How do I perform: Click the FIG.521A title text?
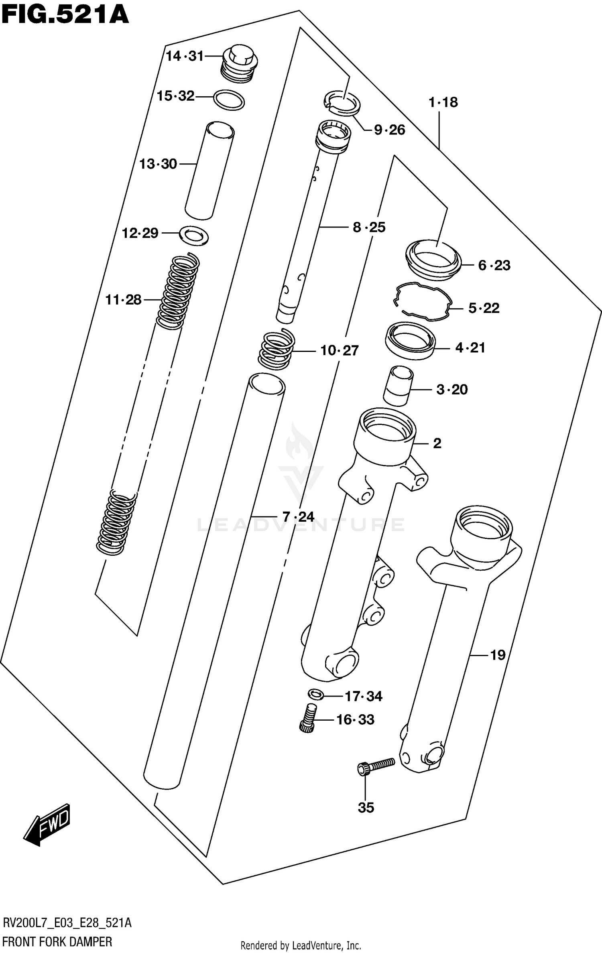coord(65,15)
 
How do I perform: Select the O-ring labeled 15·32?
coord(229,100)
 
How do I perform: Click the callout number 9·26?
coord(389,130)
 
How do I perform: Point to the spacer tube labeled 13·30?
coord(209,171)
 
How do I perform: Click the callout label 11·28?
coord(123,300)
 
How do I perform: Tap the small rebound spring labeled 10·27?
coord(276,349)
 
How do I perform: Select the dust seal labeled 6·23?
coord(433,260)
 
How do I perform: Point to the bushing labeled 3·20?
coord(398,385)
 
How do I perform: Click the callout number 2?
coord(437,443)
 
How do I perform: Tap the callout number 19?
coord(498,655)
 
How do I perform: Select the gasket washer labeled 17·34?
coord(316,693)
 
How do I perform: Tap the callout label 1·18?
coord(443,102)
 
